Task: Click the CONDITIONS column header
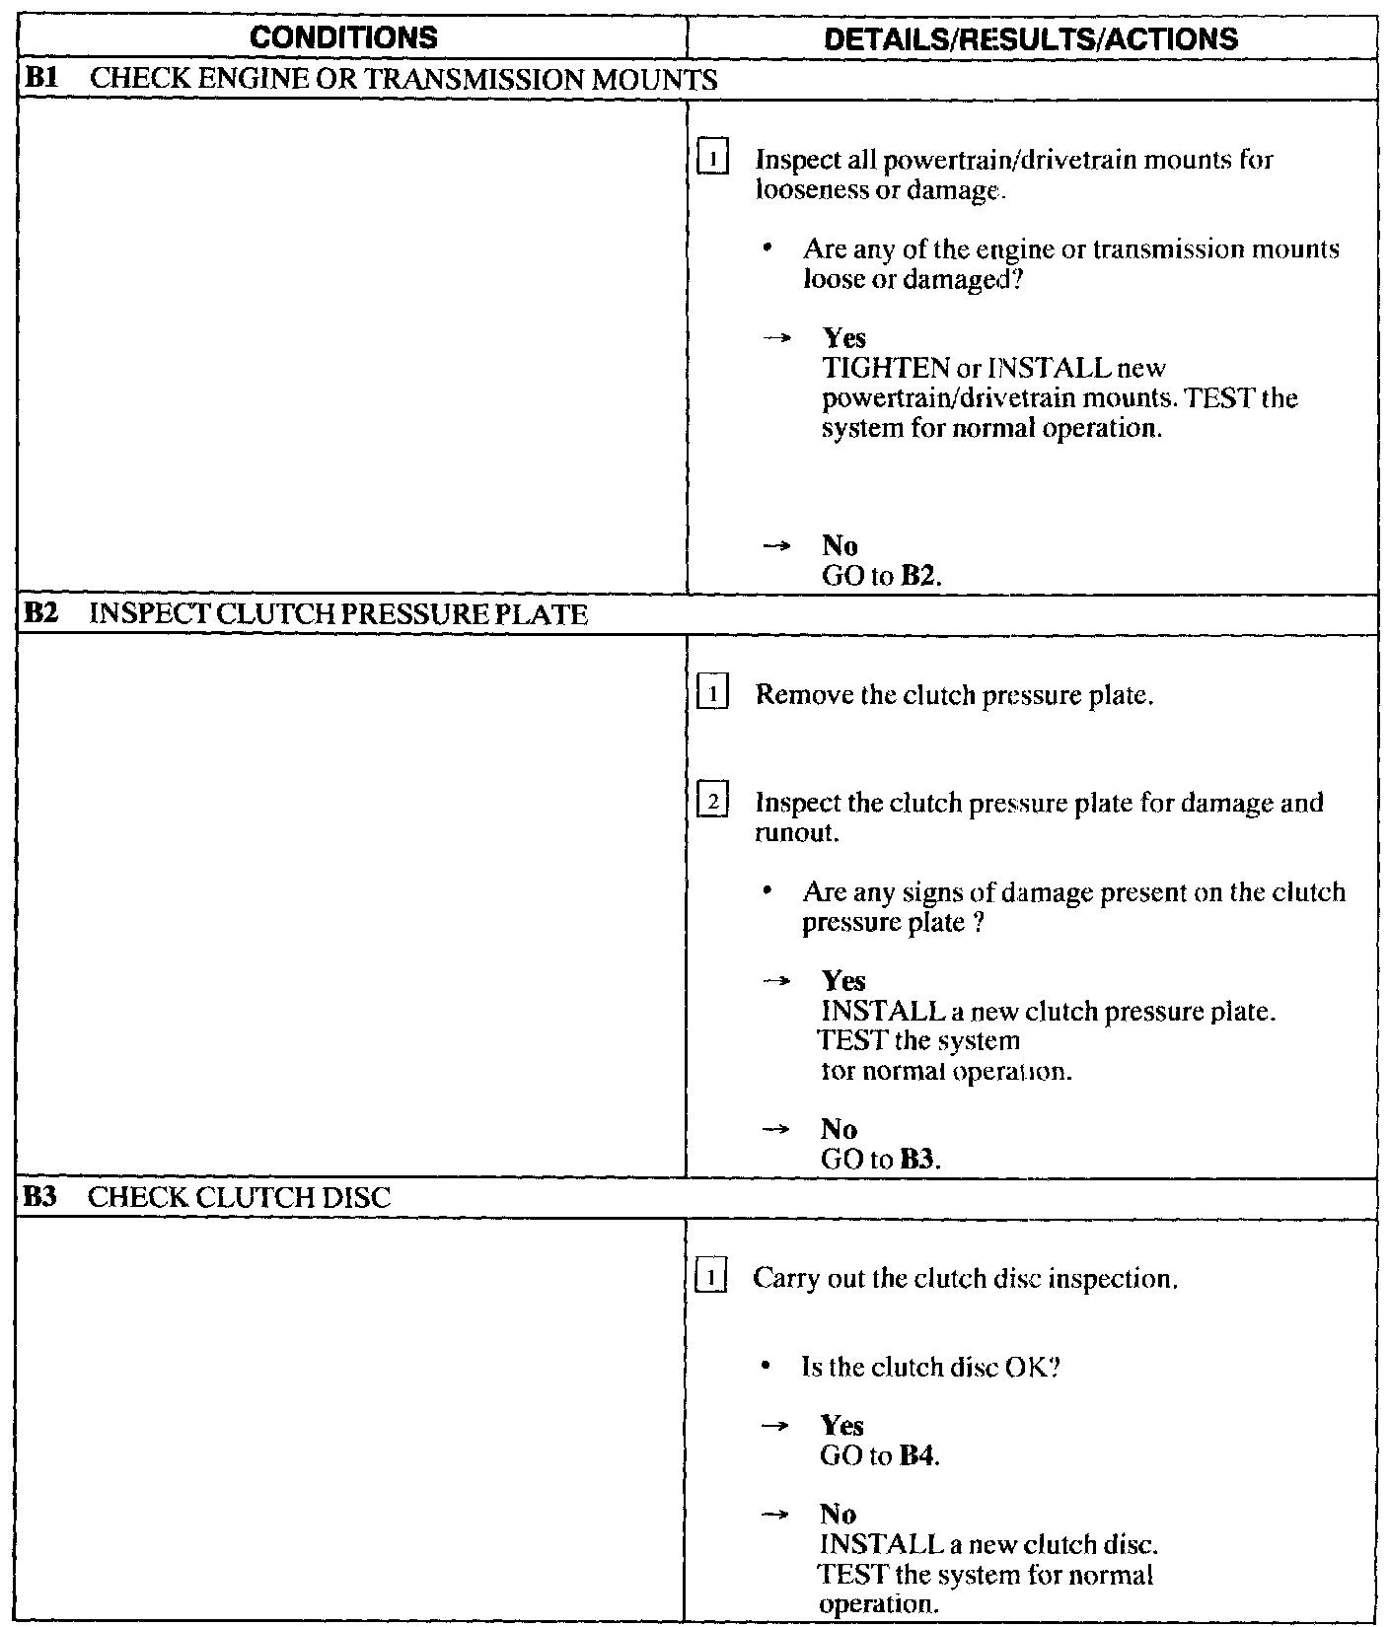pyautogui.click(x=342, y=37)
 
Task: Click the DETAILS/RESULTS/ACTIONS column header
pyautogui.click(x=1030, y=37)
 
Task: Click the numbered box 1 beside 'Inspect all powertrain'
pyautogui.click(x=711, y=158)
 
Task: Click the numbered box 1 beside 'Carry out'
pyautogui.click(x=710, y=1279)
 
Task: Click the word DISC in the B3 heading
pyautogui.click(x=361, y=1199)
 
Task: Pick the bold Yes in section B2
pyautogui.click(x=843, y=982)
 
